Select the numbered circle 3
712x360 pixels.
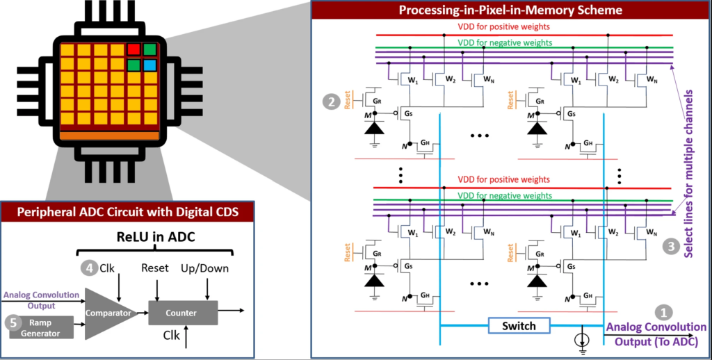(670, 245)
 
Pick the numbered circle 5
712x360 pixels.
(12, 322)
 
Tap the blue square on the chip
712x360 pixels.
(149, 65)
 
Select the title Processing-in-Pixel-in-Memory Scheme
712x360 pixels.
(510, 10)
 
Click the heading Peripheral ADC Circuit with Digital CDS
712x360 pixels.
(127, 212)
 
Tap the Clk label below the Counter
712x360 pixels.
(170, 336)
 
